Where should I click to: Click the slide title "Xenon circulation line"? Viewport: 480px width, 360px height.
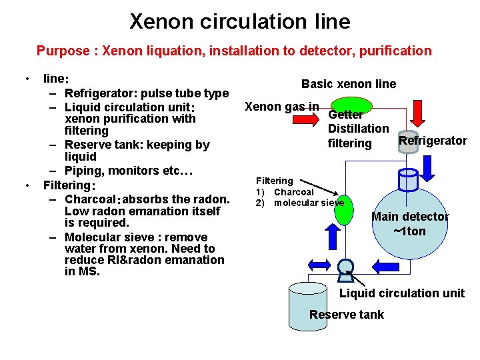click(239, 21)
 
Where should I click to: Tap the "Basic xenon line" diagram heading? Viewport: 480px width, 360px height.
click(348, 84)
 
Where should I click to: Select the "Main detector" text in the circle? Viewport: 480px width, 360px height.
click(410, 217)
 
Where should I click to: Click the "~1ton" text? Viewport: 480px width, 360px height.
click(410, 231)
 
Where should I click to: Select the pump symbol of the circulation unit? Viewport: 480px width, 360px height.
click(346, 265)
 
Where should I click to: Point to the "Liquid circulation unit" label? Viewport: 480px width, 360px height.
click(402, 293)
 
